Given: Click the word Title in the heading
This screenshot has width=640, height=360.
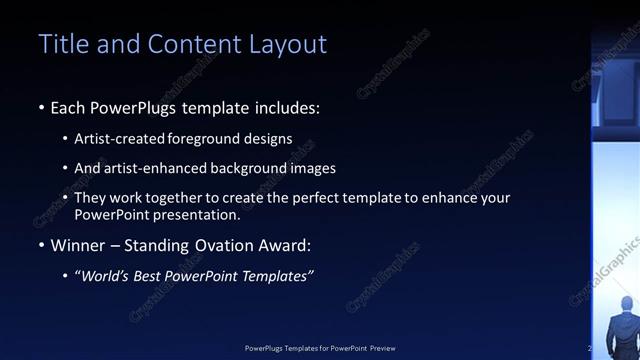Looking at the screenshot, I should (x=61, y=44).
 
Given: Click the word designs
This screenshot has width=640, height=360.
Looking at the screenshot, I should (x=270, y=139).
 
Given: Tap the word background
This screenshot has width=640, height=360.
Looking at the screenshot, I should (x=254, y=169).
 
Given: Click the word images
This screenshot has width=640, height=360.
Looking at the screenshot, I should (x=315, y=169).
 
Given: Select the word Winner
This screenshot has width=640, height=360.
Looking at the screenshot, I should (x=78, y=246).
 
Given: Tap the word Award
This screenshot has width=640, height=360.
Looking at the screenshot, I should (x=284, y=246).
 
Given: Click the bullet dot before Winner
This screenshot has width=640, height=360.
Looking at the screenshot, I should (x=41, y=246).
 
